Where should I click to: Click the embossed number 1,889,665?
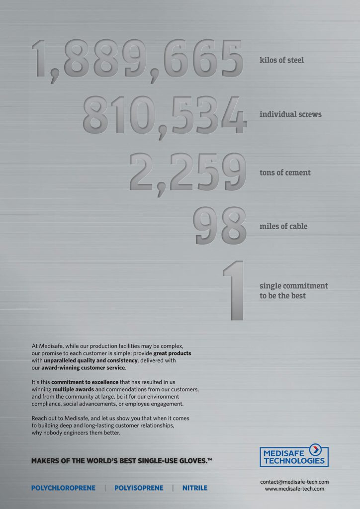tap(137, 59)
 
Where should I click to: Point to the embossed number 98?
tap(220, 226)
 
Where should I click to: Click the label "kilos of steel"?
tap(281, 60)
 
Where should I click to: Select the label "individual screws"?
tap(290, 114)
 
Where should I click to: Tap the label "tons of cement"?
tap(285, 173)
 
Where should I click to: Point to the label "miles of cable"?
tap(283, 227)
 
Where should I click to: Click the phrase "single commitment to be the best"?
tap(293, 291)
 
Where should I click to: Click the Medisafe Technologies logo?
tap(294, 455)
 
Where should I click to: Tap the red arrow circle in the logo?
tap(315, 450)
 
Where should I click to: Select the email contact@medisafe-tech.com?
tap(294, 482)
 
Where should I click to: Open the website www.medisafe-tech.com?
tap(294, 489)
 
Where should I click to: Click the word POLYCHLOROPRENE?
tap(63, 488)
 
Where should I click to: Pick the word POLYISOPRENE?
tap(139, 488)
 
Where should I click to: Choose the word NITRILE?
tap(194, 488)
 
